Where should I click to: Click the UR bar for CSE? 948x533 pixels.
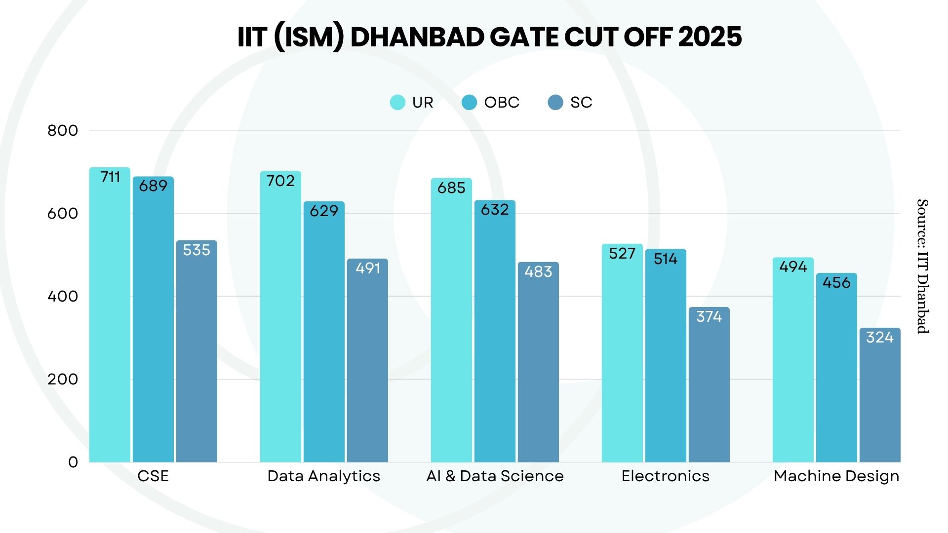(x=110, y=316)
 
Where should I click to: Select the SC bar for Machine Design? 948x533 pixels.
(x=879, y=395)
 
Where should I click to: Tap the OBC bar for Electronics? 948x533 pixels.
(x=665, y=355)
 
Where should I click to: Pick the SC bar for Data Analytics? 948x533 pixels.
(x=367, y=360)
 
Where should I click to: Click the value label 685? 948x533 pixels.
(x=451, y=188)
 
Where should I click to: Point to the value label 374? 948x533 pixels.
(x=709, y=317)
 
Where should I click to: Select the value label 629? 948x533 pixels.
(x=324, y=211)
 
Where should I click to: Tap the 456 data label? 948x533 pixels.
(x=836, y=283)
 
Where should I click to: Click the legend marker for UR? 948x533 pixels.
(x=397, y=102)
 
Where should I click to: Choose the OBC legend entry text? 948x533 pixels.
(x=502, y=102)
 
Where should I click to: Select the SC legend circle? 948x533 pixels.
(x=555, y=102)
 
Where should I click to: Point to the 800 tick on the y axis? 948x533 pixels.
(x=63, y=131)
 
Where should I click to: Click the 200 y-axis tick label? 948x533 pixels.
(x=63, y=380)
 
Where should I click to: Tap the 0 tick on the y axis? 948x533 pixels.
(x=73, y=462)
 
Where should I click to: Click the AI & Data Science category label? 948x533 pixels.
(x=495, y=476)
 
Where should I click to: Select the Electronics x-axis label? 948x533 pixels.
(x=665, y=476)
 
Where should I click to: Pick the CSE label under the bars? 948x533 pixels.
(x=153, y=476)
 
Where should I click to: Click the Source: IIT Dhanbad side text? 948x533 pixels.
(x=922, y=266)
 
